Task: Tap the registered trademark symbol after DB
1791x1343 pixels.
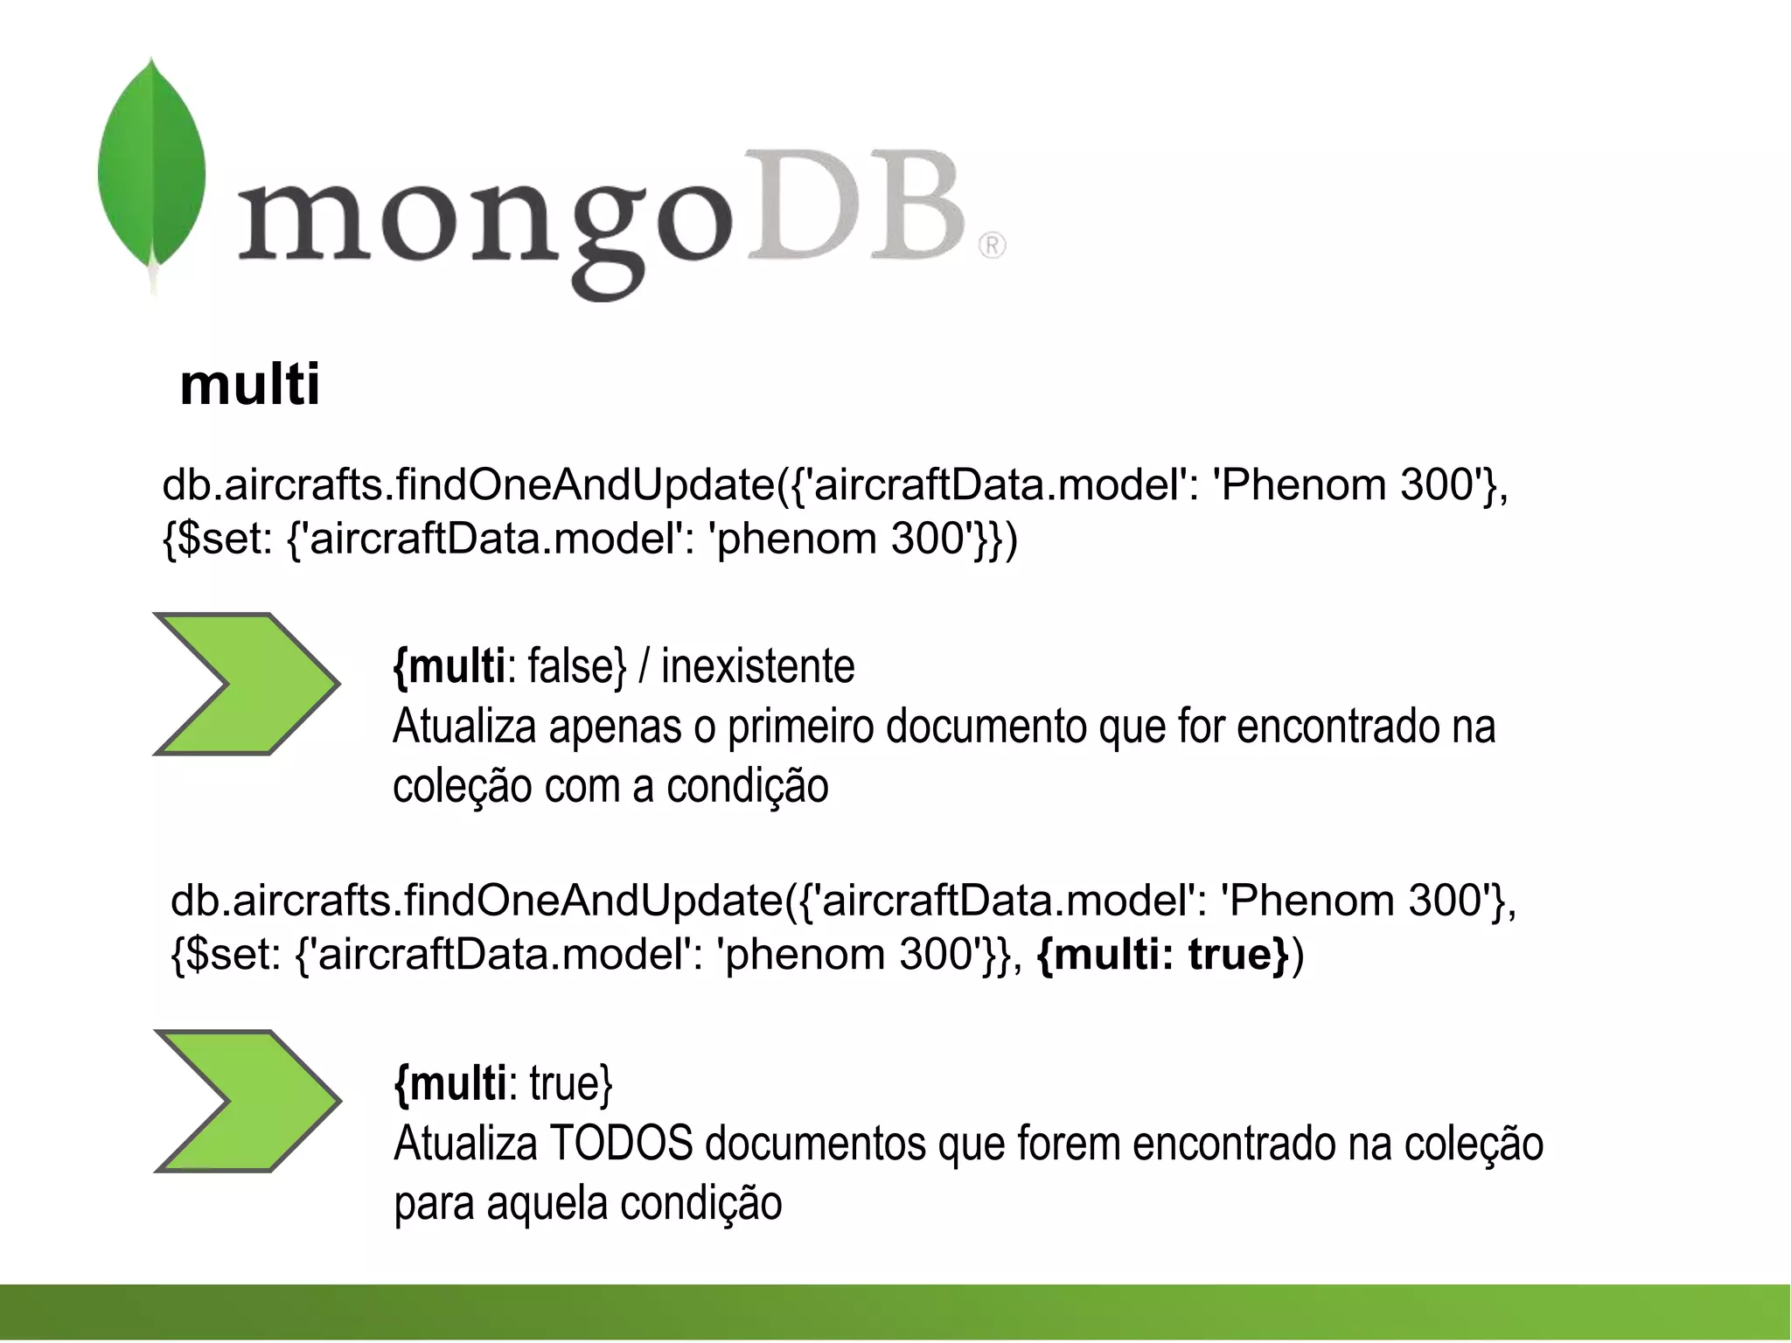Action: tap(992, 246)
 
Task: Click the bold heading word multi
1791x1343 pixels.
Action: tap(250, 385)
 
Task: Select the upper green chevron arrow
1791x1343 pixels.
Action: tap(245, 684)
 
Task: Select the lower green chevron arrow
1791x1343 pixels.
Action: tap(247, 1101)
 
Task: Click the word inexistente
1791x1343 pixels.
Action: tap(757, 667)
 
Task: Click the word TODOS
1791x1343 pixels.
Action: tap(621, 1144)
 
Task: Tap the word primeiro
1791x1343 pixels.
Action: tap(800, 727)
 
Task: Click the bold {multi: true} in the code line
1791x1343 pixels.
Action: tap(1163, 954)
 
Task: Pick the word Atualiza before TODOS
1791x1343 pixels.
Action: tap(465, 1144)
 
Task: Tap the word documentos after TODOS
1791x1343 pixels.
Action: tap(815, 1144)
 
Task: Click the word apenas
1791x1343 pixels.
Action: tap(615, 727)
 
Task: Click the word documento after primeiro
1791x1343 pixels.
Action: tap(986, 727)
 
